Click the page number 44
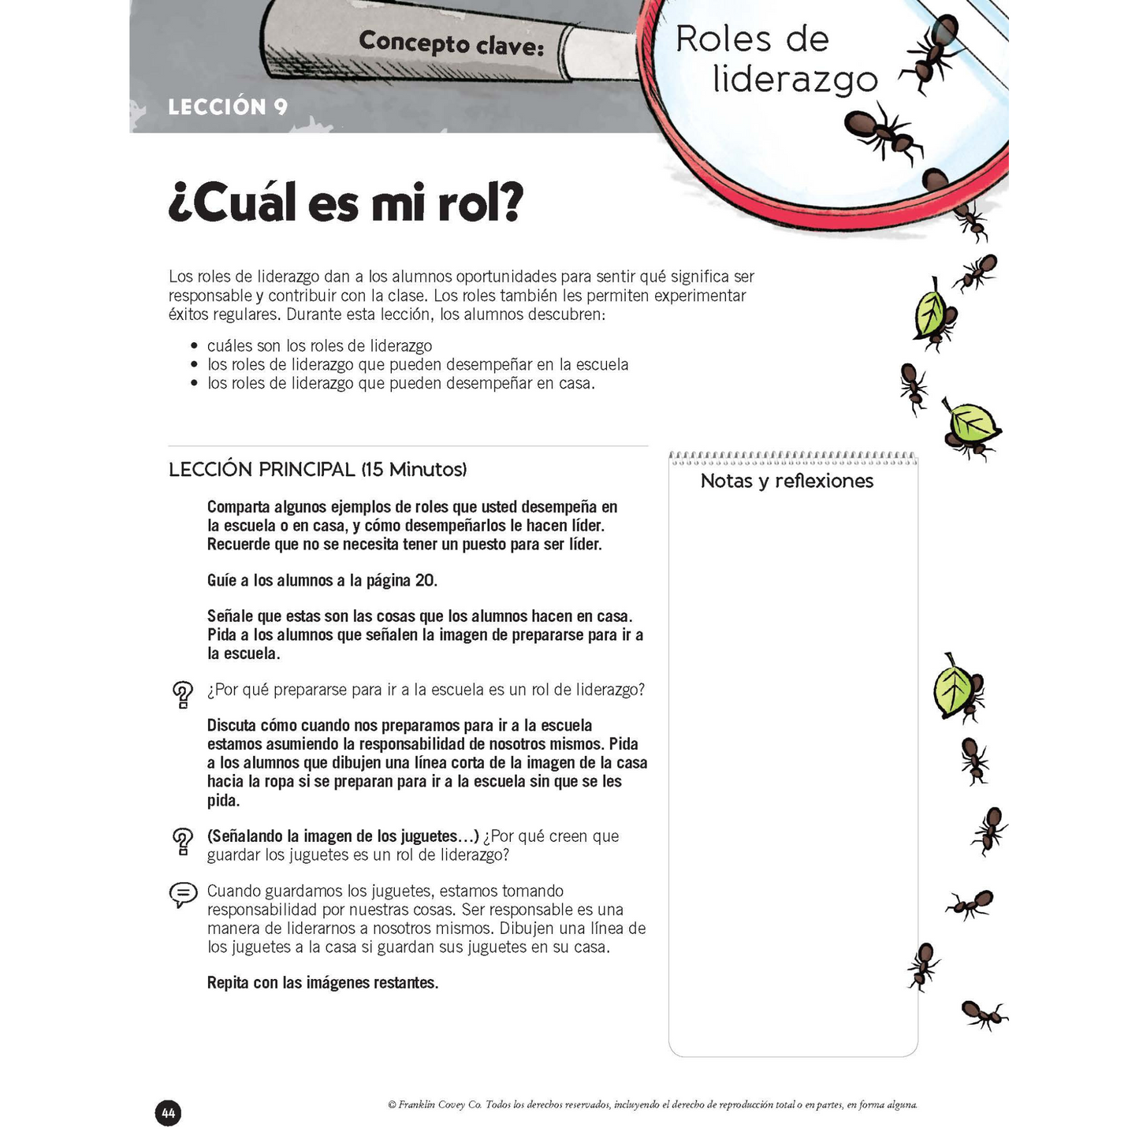point(168,1113)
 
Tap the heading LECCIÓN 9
point(228,107)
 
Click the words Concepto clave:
point(451,44)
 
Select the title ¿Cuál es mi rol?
point(345,203)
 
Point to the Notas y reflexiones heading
point(787,481)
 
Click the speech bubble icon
point(183,895)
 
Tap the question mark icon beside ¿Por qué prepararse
point(183,694)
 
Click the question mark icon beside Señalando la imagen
point(183,841)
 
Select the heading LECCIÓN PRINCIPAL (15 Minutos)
point(318,470)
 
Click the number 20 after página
point(425,581)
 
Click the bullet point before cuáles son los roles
point(194,347)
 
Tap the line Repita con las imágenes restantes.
point(322,983)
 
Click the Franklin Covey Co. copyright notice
point(652,1105)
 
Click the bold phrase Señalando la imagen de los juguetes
point(343,836)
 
